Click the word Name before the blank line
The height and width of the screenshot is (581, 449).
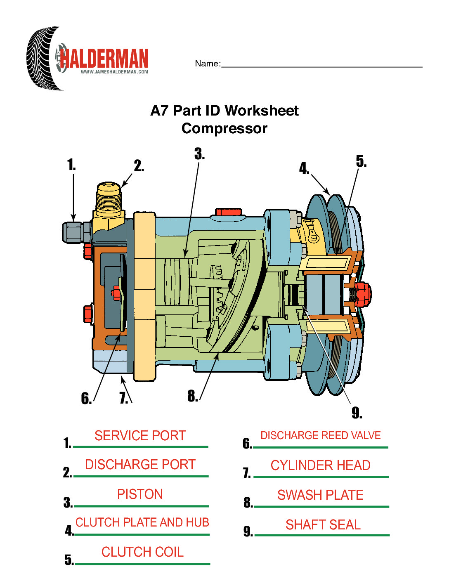tap(207, 64)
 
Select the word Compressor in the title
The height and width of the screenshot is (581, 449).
tap(224, 128)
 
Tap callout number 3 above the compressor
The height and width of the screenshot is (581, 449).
tap(199, 154)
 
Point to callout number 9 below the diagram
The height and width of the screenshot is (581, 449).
tap(357, 412)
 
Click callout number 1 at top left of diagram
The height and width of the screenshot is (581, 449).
tap(71, 165)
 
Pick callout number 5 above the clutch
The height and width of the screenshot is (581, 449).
tap(361, 161)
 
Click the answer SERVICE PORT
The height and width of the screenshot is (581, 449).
tap(140, 436)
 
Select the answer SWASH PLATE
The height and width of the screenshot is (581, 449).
tap(320, 495)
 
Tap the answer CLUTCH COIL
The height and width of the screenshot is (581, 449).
tap(142, 552)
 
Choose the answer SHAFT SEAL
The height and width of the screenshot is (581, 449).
tap(323, 524)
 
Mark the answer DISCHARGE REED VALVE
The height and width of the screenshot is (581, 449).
tap(320, 435)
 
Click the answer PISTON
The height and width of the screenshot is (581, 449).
tap(140, 494)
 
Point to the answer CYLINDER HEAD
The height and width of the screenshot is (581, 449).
tap(320, 465)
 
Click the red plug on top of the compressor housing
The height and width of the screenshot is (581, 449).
tap(228, 212)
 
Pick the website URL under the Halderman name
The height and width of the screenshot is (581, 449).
tap(114, 72)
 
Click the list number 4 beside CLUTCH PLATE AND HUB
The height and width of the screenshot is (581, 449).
tap(69, 530)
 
